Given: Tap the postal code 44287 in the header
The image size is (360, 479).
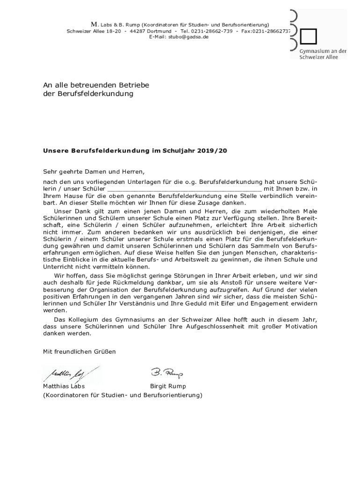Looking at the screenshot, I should (x=139, y=30).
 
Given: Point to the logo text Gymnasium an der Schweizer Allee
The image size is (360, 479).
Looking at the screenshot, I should (x=323, y=54).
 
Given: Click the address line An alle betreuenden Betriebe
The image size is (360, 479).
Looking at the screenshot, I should (x=96, y=85).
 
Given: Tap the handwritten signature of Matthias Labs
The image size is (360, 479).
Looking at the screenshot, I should (x=70, y=374).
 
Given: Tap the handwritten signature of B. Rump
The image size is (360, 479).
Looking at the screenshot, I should (x=167, y=373).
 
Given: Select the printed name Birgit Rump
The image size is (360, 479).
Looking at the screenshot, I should (x=168, y=386).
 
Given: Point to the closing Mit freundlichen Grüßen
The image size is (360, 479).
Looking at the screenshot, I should (x=79, y=351).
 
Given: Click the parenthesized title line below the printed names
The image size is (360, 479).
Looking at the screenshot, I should (x=122, y=395).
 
